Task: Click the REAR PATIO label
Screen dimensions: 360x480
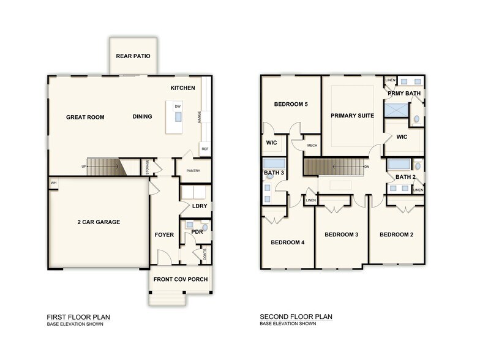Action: click(x=133, y=56)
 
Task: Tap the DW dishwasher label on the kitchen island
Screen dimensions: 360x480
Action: click(x=178, y=107)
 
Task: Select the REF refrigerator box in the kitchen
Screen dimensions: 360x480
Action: click(x=204, y=149)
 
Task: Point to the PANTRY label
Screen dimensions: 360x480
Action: click(x=193, y=171)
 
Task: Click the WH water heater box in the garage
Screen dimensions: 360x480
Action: click(x=53, y=182)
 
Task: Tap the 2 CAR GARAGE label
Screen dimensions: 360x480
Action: click(x=99, y=222)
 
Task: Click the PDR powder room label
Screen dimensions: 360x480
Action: click(x=197, y=232)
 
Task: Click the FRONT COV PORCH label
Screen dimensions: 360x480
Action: click(x=181, y=280)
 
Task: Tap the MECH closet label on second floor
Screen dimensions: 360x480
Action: click(x=311, y=146)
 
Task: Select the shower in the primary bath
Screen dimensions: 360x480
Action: click(x=396, y=110)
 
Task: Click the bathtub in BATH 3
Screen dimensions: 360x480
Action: click(x=274, y=163)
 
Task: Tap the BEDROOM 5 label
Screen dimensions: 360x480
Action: click(x=291, y=104)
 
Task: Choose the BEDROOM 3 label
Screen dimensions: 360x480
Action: click(x=341, y=234)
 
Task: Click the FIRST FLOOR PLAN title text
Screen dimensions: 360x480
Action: click(x=78, y=317)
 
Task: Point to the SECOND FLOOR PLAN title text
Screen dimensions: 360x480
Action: click(x=296, y=317)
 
